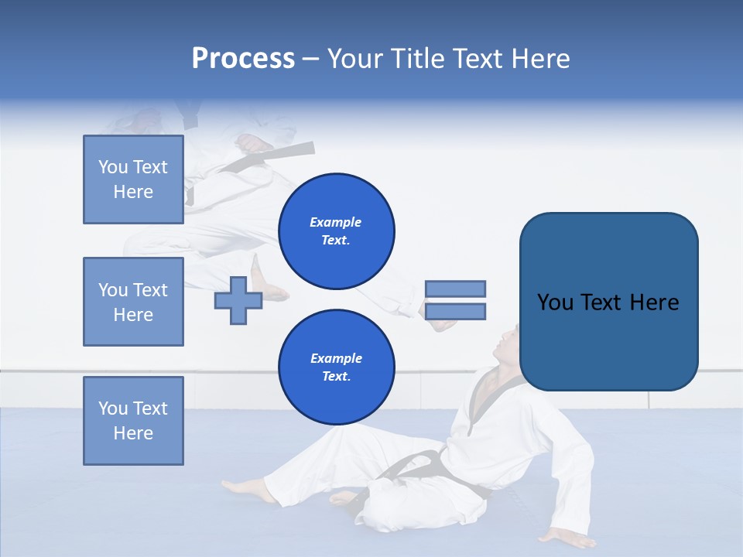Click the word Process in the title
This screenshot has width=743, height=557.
pos(243,59)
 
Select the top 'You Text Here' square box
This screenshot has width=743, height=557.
pos(133,179)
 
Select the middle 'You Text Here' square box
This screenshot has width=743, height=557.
pos(133,302)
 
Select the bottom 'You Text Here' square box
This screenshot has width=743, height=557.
pos(133,421)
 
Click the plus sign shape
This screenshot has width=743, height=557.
pos(238,301)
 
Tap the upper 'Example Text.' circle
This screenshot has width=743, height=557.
pos(336,231)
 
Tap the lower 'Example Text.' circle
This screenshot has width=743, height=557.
pos(336,367)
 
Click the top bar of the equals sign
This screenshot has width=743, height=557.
pos(455,289)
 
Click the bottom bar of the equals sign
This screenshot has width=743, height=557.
pos(455,312)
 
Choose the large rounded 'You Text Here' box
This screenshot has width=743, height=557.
pos(608,302)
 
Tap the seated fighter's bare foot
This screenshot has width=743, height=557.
pos(244,489)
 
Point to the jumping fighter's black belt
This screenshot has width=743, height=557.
pos(255,158)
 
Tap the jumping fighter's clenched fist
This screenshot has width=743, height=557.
pos(253,144)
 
